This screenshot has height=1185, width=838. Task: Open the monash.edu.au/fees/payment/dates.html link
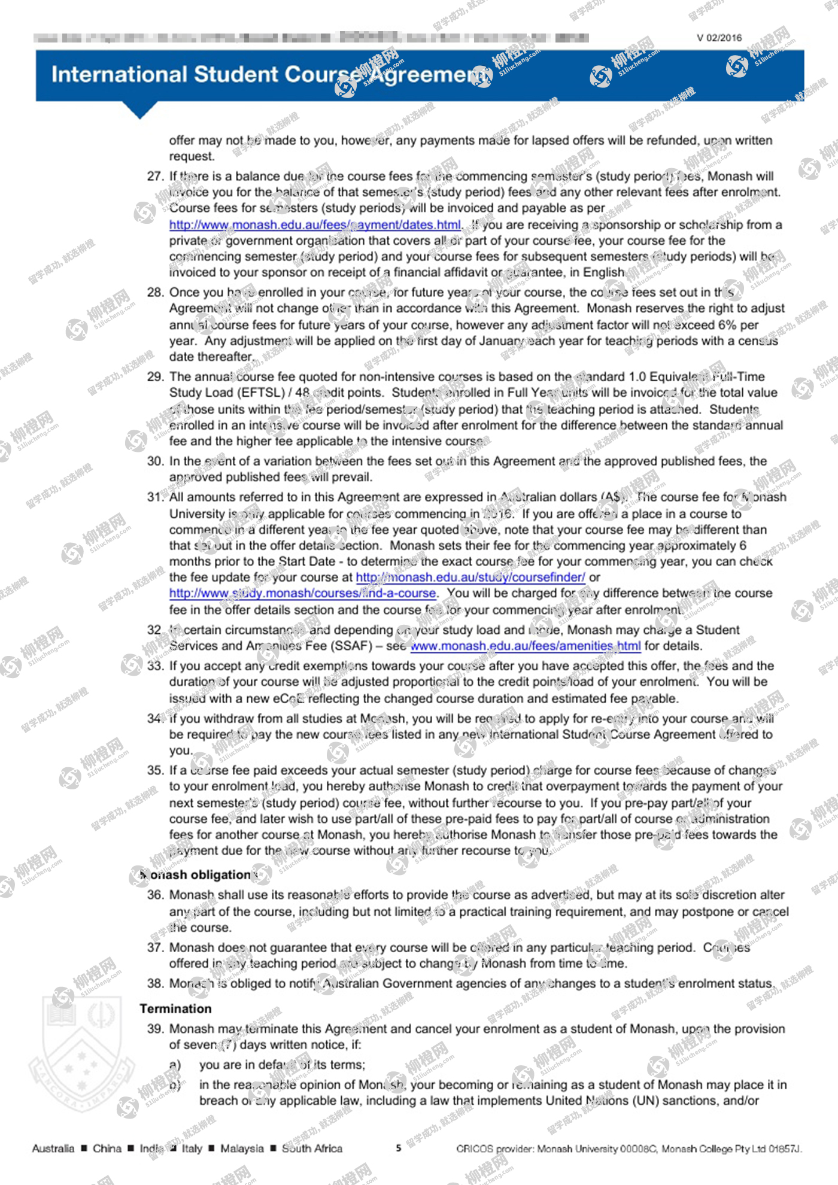click(315, 225)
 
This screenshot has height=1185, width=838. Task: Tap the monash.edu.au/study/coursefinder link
click(470, 578)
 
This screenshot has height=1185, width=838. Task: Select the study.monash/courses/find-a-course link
click(303, 594)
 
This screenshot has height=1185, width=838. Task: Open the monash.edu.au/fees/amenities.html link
click(526, 646)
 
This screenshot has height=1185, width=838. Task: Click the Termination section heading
click(175, 1009)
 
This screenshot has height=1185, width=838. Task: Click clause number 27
click(155, 177)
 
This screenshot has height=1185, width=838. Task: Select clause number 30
click(155, 461)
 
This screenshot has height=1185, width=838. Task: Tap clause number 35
click(155, 770)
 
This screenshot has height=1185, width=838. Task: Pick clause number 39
click(155, 1029)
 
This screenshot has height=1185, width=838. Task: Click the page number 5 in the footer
click(399, 1148)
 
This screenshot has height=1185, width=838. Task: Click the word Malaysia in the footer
click(242, 1148)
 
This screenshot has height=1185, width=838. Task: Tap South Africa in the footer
click(312, 1148)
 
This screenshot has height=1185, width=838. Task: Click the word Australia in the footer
click(53, 1148)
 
